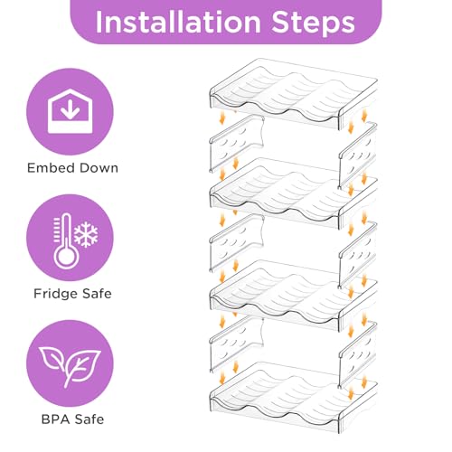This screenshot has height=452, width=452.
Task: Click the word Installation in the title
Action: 178,23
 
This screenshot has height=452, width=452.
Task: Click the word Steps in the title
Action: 314,24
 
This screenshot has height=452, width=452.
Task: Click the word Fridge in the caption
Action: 54,294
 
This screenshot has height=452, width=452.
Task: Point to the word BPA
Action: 55,419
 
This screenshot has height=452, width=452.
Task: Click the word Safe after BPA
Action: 89,419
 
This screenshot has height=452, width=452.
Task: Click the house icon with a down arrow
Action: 70,111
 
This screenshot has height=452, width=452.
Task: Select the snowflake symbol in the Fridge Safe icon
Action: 86,234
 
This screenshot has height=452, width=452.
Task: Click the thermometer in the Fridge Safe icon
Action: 66,241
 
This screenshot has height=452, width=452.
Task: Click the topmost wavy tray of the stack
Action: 293,94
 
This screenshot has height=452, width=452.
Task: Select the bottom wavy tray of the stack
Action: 293,397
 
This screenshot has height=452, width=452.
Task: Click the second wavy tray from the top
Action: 293,193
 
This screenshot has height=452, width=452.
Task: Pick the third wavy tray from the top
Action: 293,296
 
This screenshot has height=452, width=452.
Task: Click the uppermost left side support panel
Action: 237,144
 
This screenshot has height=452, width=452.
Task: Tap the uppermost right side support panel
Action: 358,155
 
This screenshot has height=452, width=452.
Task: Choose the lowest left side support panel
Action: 237,344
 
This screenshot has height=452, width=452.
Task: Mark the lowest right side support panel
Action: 358,355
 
